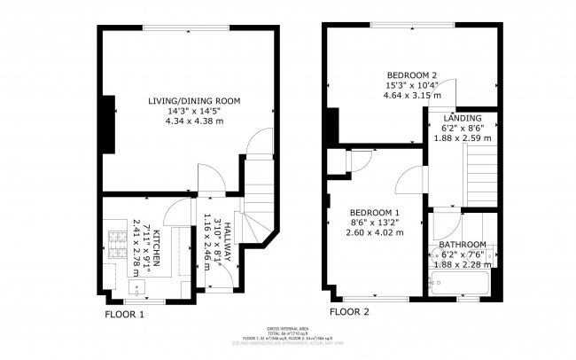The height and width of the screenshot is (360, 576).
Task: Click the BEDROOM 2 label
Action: tap(412, 74)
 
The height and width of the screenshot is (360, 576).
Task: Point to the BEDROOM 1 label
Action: tap(375, 212)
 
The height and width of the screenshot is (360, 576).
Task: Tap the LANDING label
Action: tap(462, 118)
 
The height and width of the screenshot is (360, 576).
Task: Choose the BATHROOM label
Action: tap(463, 245)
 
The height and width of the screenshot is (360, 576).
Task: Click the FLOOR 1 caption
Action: tap(124, 314)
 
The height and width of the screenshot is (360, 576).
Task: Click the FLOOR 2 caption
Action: tap(349, 312)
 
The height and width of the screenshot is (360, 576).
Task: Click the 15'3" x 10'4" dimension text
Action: tap(412, 85)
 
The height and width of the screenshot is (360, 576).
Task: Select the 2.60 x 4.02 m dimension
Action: tap(375, 232)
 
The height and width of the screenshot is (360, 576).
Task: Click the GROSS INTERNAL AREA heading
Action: tap(288, 327)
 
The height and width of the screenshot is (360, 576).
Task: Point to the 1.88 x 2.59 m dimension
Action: tap(462, 138)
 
